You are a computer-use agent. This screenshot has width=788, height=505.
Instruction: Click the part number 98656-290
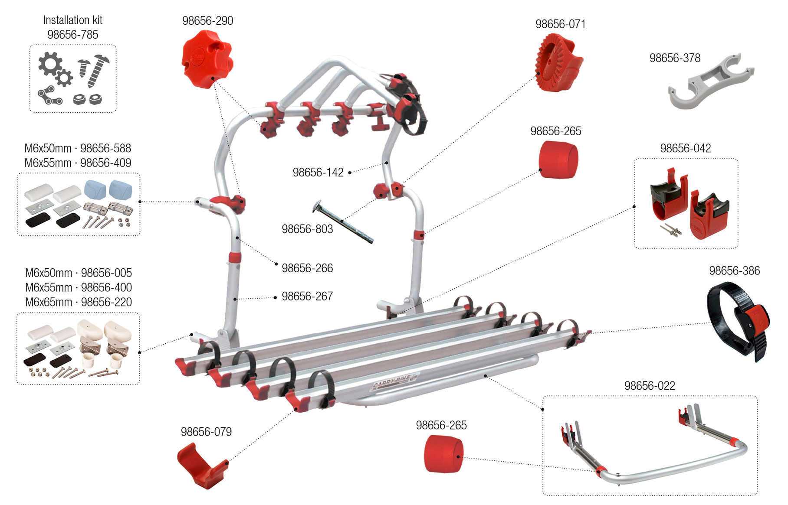pyautogui.click(x=207, y=21)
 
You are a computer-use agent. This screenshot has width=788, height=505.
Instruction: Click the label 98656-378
pyautogui.click(x=675, y=58)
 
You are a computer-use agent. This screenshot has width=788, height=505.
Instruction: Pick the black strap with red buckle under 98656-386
pyautogui.click(x=738, y=321)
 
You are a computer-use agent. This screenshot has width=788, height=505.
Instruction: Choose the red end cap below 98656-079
pyautogui.click(x=202, y=465)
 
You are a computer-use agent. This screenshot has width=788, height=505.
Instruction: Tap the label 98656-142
pyautogui.click(x=318, y=173)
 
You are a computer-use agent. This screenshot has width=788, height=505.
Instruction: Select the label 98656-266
pyautogui.click(x=307, y=268)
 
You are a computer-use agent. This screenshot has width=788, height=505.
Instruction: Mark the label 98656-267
pyautogui.click(x=307, y=296)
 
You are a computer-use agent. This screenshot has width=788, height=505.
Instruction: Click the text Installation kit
pyautogui.click(x=73, y=20)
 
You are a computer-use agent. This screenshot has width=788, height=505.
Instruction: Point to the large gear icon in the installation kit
pyautogui.click(x=50, y=64)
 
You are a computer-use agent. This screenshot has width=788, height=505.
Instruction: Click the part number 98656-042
pyautogui.click(x=686, y=148)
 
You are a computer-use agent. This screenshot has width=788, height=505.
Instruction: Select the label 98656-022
pyautogui.click(x=650, y=386)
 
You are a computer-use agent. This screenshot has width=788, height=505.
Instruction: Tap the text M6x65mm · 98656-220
pyautogui.click(x=79, y=302)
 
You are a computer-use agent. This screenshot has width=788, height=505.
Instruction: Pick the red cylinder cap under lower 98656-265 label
pyautogui.click(x=443, y=454)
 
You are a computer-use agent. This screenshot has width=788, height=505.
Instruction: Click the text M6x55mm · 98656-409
pyautogui.click(x=78, y=163)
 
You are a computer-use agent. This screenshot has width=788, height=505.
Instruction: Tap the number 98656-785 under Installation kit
pyautogui.click(x=73, y=35)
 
